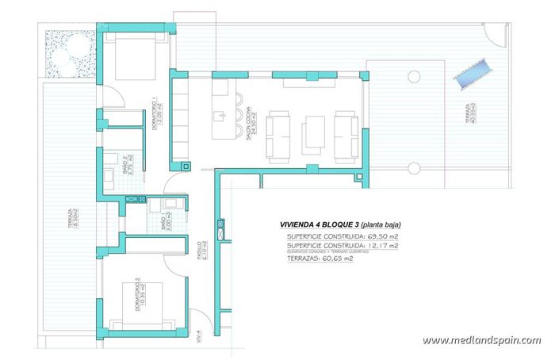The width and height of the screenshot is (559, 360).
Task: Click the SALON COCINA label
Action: (x=252, y=124)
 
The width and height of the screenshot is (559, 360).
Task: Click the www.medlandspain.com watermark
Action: (x=481, y=340)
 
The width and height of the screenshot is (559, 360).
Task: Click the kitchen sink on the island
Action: (x=216, y=116)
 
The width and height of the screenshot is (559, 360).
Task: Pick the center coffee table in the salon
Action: (x=315, y=133)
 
